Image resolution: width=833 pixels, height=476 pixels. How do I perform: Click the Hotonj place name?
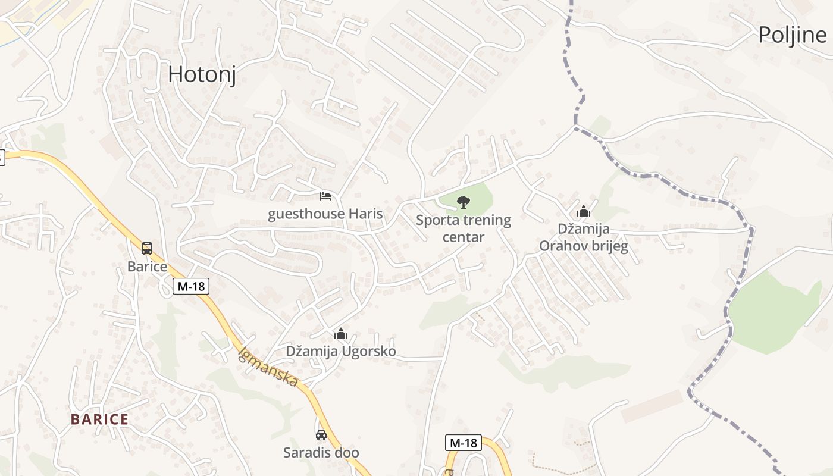[x=202, y=74]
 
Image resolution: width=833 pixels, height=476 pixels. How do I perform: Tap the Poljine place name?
[x=792, y=36]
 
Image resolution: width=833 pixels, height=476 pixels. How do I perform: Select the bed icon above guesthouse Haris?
[x=325, y=196]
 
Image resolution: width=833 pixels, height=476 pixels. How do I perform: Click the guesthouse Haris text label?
[x=325, y=214]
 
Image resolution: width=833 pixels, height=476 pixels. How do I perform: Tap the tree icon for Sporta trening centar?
[x=463, y=202]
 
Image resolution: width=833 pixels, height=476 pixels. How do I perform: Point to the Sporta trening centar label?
[x=463, y=228]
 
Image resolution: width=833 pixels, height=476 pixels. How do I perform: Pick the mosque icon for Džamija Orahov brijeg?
[x=583, y=211]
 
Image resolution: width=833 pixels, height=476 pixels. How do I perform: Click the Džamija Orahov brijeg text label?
[x=583, y=237]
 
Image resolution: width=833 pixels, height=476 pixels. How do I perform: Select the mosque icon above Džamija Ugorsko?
[x=341, y=334]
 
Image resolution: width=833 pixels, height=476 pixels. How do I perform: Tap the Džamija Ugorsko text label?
[x=341, y=352]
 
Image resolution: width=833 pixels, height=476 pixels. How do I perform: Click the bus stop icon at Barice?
[x=147, y=249]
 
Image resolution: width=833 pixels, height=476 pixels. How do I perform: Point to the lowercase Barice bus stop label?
[x=147, y=266]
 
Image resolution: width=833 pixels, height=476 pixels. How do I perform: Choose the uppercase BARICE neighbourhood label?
[x=99, y=419]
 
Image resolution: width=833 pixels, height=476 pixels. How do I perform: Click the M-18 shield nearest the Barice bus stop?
[x=191, y=286]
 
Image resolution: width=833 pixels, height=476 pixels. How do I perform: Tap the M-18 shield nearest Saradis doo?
[x=463, y=443]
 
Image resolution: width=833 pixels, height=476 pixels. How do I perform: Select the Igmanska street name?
[x=268, y=367]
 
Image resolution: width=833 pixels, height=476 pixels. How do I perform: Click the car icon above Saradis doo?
[x=321, y=434]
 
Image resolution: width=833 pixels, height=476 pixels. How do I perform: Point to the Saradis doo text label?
[x=321, y=453]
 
